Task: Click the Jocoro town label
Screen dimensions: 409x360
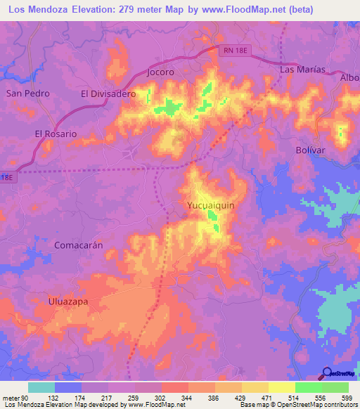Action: (161, 72)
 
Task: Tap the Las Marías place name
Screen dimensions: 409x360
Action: (302, 70)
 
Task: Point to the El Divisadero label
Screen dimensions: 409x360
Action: (108, 93)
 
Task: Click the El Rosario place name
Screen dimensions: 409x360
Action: (56, 133)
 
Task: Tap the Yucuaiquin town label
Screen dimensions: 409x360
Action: (210, 205)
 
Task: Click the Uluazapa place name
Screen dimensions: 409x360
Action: (67, 301)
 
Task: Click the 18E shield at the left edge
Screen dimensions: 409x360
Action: (6, 178)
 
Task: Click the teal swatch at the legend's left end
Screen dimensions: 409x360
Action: (41, 388)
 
